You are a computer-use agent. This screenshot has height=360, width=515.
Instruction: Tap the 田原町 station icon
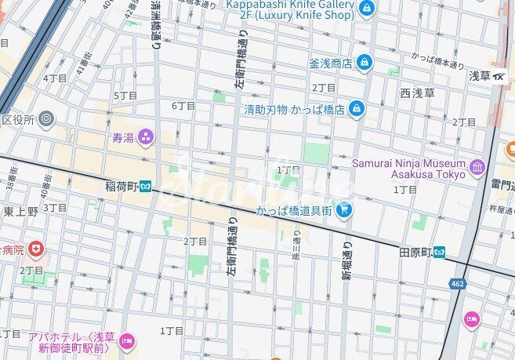[x=441, y=253]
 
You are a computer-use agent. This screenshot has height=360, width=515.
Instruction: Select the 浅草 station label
[x=480, y=76]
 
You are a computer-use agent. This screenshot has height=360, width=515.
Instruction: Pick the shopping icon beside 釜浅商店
[x=364, y=62]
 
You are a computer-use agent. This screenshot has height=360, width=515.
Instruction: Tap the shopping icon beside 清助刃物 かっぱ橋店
[x=357, y=108]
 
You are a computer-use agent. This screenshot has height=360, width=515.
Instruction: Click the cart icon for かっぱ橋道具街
[x=343, y=209]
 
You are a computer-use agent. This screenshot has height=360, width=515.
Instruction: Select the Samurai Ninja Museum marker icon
[x=477, y=167]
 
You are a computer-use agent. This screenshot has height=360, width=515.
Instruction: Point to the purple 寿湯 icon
[x=146, y=138]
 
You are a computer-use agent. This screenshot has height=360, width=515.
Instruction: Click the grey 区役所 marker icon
[x=47, y=119]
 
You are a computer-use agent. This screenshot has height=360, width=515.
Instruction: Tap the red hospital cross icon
[x=35, y=249]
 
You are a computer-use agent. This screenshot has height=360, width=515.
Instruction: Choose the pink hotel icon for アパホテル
[x=127, y=340]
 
